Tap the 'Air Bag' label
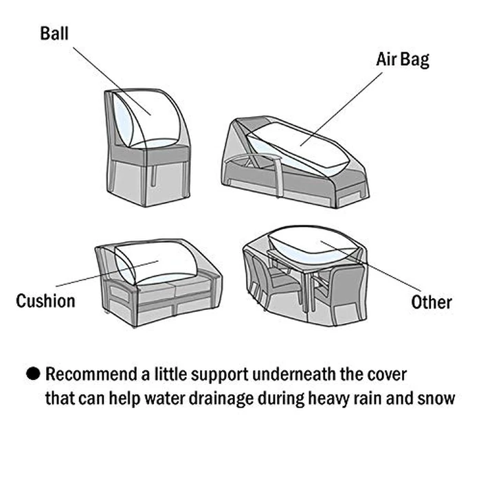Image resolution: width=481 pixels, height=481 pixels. pyautogui.click(x=402, y=59)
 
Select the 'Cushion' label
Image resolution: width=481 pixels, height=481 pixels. pyautogui.click(x=45, y=301)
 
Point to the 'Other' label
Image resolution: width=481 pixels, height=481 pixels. pyautogui.click(x=432, y=302)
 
